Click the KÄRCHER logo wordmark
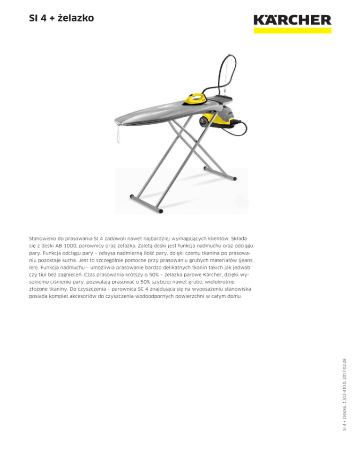click(292, 20)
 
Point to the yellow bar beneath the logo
click(292, 30)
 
